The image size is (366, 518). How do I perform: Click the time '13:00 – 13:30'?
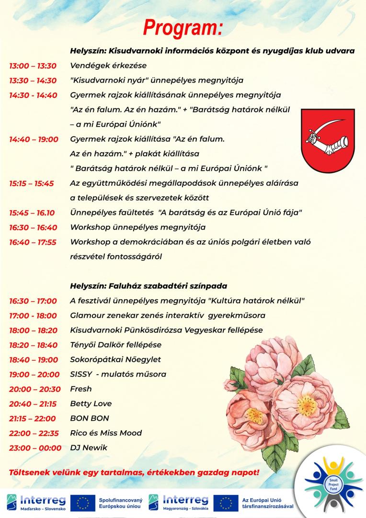pos(33,66)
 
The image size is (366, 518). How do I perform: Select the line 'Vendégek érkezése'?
pos(108,66)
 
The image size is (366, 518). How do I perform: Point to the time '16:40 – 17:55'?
pos(33,242)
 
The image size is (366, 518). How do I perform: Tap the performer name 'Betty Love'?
pos(87,403)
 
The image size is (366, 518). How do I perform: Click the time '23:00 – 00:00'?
pos(35,448)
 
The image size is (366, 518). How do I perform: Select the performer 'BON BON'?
pos(90,418)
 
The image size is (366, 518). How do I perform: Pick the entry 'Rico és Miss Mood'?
pos(106,433)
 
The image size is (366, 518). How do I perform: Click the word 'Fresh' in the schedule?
pos(81,388)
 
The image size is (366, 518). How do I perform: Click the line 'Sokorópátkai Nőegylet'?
pos(115,359)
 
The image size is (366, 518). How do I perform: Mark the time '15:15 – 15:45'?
pos(32,183)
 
